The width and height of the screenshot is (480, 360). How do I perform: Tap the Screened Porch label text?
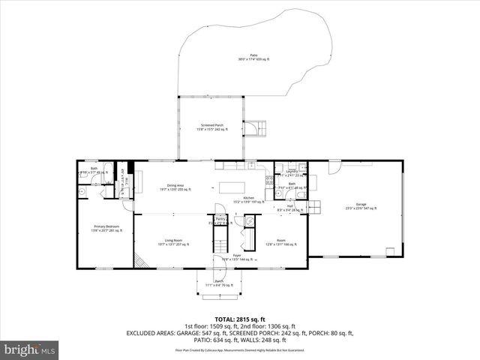[210, 127]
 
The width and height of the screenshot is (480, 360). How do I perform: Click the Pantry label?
[220, 220]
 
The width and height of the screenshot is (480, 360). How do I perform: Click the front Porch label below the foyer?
[220, 283]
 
